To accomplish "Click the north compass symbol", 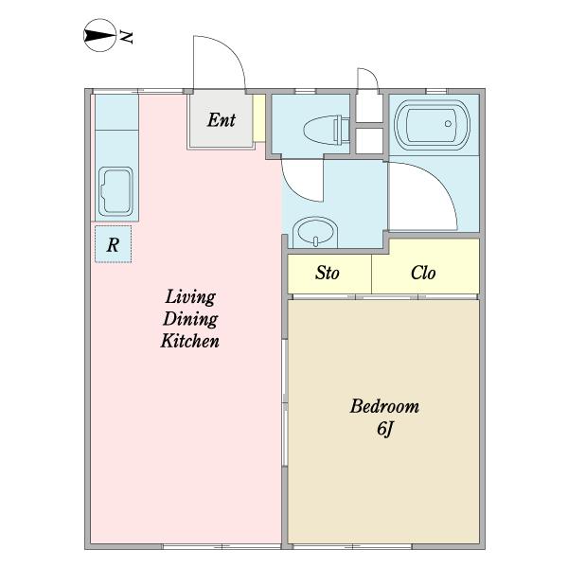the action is [99, 36].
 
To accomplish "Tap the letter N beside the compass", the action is [127, 37].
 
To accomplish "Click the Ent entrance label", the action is [222, 120].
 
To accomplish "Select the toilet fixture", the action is [326, 130].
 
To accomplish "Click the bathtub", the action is [433, 124].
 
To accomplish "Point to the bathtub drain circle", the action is [448, 123].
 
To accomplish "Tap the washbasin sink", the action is [315, 232].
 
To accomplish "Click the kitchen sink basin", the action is [115, 191].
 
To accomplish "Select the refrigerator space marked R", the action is [113, 244].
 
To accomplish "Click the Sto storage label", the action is [328, 273].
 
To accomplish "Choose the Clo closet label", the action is [423, 273].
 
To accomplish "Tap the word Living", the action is [190, 297].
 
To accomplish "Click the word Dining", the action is [190, 319].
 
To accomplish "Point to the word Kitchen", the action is [190, 341].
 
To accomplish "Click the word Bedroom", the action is [384, 406].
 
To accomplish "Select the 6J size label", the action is [384, 429].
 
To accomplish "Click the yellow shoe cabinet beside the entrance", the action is [259, 118].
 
